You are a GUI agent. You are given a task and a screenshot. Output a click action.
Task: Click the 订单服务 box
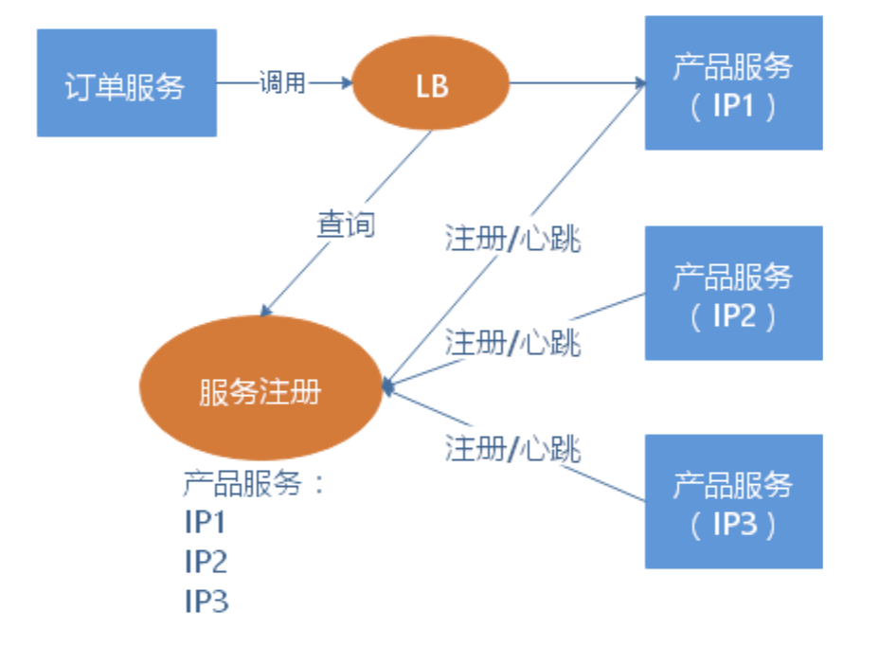click(x=126, y=83)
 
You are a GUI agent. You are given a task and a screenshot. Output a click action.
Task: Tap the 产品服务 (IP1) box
click(x=733, y=83)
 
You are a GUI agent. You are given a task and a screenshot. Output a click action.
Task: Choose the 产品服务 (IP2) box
click(x=733, y=294)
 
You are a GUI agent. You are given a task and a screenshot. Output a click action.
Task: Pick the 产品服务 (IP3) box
click(x=733, y=502)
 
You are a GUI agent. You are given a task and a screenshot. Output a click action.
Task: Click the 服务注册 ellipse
click(x=260, y=389)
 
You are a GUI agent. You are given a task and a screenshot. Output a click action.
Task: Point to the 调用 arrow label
click(x=282, y=83)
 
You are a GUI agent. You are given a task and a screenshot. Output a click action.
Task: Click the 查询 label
click(x=345, y=224)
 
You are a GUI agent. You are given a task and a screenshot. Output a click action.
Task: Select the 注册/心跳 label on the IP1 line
click(x=512, y=240)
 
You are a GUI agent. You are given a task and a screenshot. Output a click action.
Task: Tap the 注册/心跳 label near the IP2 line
click(x=512, y=342)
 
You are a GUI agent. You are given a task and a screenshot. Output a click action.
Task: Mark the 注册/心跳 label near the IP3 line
click(x=512, y=446)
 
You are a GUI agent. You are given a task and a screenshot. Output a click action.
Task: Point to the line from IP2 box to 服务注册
click(x=606, y=308)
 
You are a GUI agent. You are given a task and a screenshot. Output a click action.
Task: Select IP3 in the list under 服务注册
click(x=206, y=601)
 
